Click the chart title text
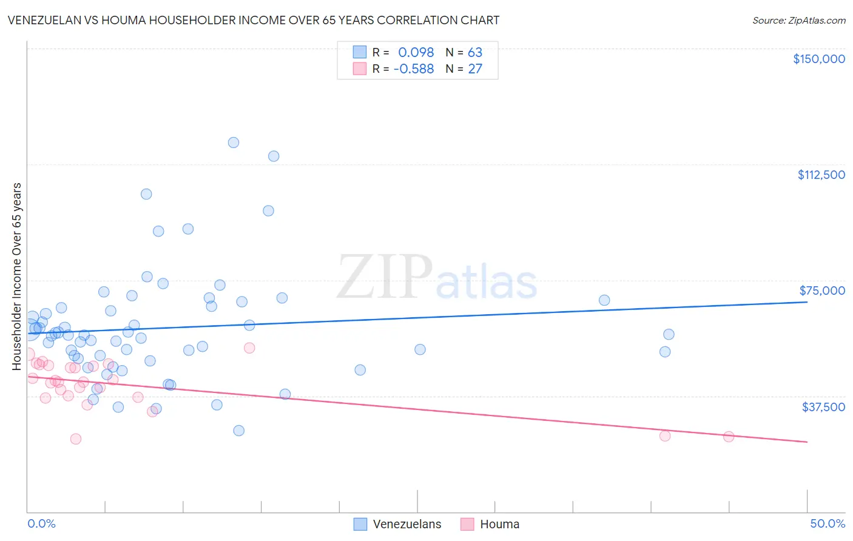pyautogui.click(x=254, y=20)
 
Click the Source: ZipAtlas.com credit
pyautogui.click(x=798, y=21)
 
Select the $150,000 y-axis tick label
pyautogui.click(x=818, y=59)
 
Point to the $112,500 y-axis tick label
pyautogui.click(x=821, y=175)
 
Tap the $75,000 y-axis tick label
pyautogui.click(x=822, y=291)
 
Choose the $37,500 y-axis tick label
pyautogui.click(x=823, y=407)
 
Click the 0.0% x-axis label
pyautogui.click(x=41, y=523)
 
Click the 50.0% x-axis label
pyautogui.click(x=828, y=523)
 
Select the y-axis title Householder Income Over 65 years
pyautogui.click(x=17, y=276)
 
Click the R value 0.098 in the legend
pyautogui.click(x=416, y=53)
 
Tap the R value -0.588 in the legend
pyautogui.click(x=414, y=69)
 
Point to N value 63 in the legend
pyautogui.click(x=475, y=53)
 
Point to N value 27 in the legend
pyautogui.click(x=475, y=69)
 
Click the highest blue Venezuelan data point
pyautogui.click(x=234, y=143)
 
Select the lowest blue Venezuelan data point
pyautogui.click(x=239, y=431)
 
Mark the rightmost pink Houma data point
pyautogui.click(x=729, y=437)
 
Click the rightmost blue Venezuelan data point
pyautogui.click(x=669, y=334)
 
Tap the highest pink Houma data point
pyautogui.click(x=249, y=348)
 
